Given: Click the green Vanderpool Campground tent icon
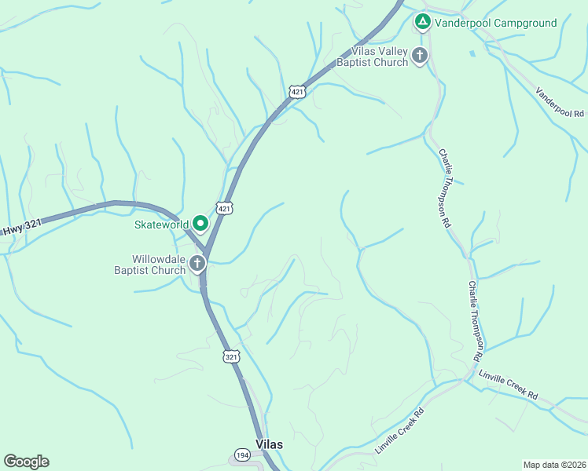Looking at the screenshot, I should coord(422,23).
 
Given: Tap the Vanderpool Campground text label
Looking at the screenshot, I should coord(495,23).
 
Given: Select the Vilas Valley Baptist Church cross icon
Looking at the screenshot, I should coord(420,55).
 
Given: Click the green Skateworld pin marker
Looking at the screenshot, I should coord(200,225).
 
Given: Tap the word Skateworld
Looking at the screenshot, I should coord(160,225).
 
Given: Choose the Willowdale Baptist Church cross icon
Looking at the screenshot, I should coord(197,263).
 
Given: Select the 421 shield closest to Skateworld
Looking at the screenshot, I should coord(225,208).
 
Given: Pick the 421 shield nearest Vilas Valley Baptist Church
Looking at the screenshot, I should coord(296,92).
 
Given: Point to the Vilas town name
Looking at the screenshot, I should coord(269,444).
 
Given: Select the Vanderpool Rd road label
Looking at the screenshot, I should coord(560,102).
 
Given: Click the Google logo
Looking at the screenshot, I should coord(26,462).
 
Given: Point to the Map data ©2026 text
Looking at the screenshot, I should coord(554,464).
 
